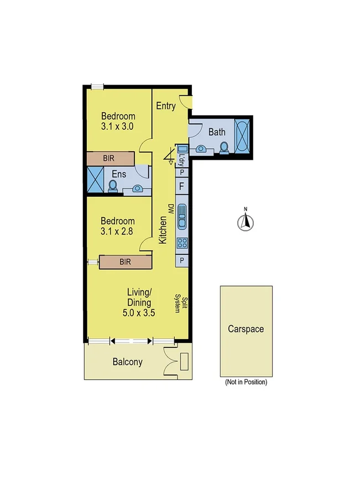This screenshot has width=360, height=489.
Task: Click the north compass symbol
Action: coord(246,221)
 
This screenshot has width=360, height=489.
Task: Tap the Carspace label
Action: coord(246,329)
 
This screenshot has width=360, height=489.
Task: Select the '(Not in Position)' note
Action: coord(246,382)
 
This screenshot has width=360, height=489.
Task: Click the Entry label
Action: coord(166,106)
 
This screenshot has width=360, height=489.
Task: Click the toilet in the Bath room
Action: coord(224,147)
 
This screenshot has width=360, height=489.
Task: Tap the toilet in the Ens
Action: coord(113,186)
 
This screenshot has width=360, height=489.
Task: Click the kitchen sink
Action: coord(182,217)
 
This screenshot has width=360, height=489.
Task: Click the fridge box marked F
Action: coord(182,185)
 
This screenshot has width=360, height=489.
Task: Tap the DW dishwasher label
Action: coord(171,209)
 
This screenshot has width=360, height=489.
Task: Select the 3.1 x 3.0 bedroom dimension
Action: coord(118,126)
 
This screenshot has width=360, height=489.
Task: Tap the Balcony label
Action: coord(128,363)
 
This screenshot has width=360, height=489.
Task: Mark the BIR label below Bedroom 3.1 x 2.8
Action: coord(125,262)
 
